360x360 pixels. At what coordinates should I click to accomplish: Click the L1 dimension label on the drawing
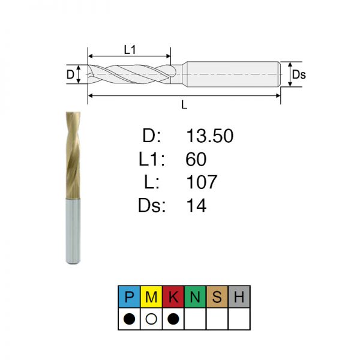click(130, 50)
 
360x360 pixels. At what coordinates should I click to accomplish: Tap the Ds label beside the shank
click(299, 75)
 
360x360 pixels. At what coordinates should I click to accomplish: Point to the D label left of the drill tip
click(70, 74)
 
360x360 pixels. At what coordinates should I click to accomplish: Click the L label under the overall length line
click(184, 104)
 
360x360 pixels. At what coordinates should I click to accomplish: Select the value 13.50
click(210, 136)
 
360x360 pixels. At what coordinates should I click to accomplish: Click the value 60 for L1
click(196, 159)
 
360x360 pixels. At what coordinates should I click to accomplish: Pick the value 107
click(202, 182)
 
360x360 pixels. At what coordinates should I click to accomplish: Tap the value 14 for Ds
click(196, 205)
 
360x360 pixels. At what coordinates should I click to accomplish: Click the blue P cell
click(129, 296)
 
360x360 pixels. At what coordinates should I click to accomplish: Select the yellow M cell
click(151, 296)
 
